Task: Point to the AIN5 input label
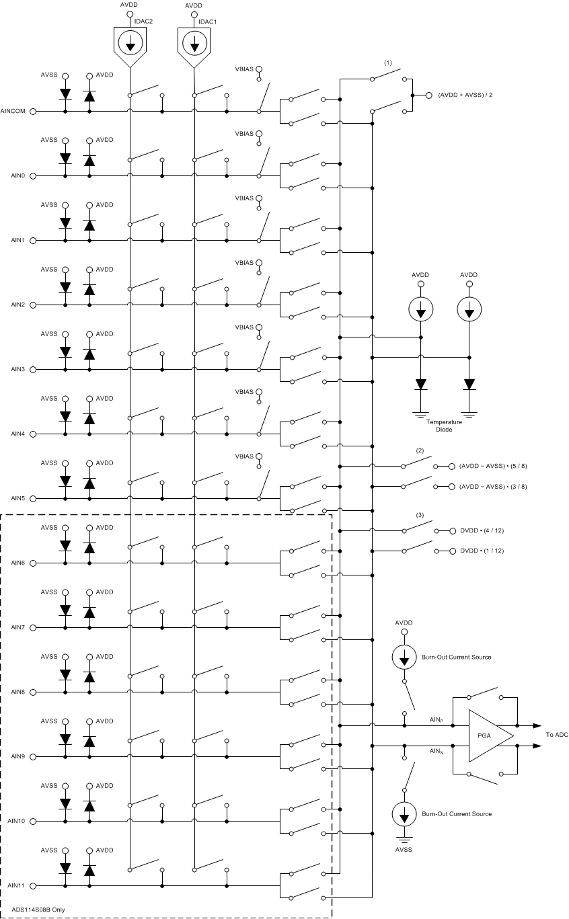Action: coord(18,499)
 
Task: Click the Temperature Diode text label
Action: coord(444,425)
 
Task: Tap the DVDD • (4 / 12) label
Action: coord(482,530)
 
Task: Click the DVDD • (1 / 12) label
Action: coord(482,551)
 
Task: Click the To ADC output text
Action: coord(557,735)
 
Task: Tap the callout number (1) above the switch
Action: coord(387,63)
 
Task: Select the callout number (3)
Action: coord(420,515)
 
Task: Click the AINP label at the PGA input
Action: coord(436,719)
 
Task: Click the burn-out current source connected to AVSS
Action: coord(404,814)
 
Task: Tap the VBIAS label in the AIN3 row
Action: coord(244,327)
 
